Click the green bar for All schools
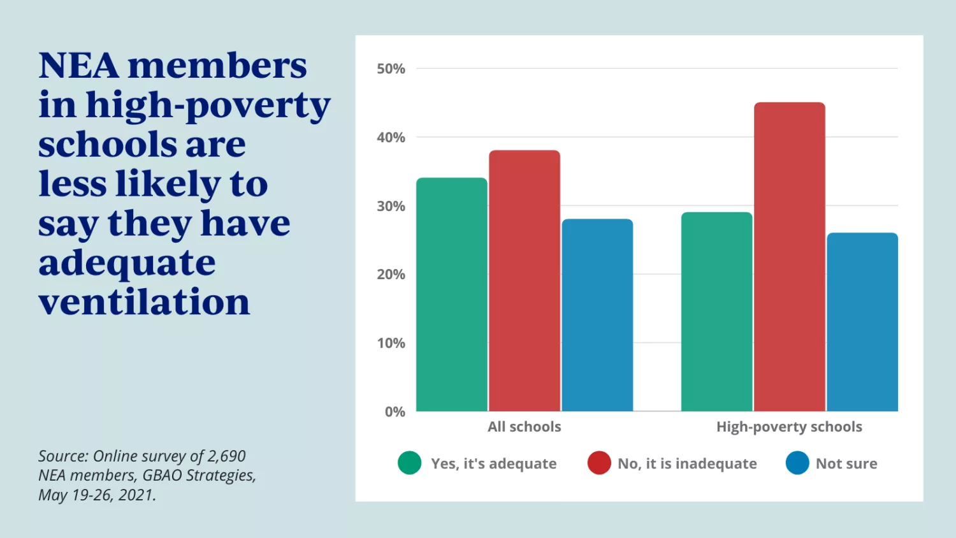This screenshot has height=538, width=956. coord(452,294)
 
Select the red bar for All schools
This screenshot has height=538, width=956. coord(525,280)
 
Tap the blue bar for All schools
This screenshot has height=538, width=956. coord(597,315)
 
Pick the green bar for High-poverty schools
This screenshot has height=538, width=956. coord(716,312)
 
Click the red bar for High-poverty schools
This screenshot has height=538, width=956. coord(789,257)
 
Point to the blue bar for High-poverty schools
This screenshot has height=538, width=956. coord(862,322)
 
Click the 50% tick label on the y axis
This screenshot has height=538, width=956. coord(391,69)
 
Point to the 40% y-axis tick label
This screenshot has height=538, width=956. coord(391,138)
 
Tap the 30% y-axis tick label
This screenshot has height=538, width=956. coord(391,207)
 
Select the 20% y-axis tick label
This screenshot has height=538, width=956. coord(391,275)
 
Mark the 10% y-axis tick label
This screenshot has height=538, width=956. coord(391,344)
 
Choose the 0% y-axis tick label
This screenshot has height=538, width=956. coord(395,412)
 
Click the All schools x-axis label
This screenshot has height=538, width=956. coord(525,427)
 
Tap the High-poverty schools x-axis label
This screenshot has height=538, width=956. coord(789,427)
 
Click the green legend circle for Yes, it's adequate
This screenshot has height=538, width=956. coord(409,463)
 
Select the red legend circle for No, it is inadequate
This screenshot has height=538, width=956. coord(599,463)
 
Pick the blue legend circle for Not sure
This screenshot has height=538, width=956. coord(797,463)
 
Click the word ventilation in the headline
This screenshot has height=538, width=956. coord(144,302)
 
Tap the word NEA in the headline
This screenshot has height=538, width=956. coord(78,66)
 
